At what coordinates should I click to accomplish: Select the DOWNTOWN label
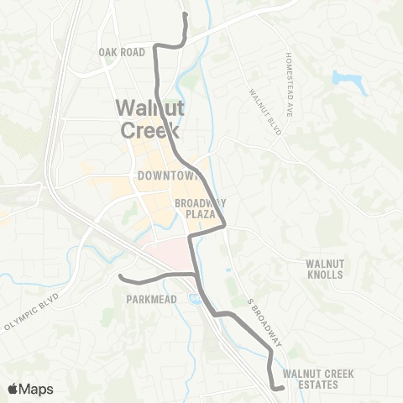[165, 176]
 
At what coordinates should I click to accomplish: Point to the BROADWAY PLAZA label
[201, 208]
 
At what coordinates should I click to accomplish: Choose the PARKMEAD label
[151, 298]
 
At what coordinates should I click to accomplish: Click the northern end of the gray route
[184, 13]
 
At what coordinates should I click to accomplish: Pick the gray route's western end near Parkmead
[121, 275]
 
